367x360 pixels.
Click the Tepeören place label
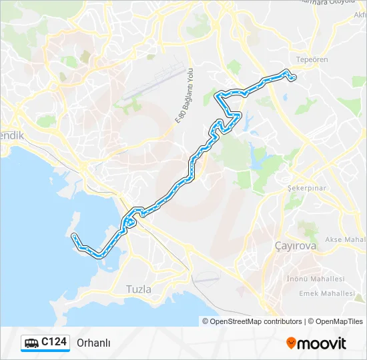(312, 59)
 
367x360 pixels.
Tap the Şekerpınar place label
(306, 188)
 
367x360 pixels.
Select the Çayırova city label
(296, 246)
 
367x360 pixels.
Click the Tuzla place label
(139, 289)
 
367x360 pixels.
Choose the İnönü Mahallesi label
(316, 279)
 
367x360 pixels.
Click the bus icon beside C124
(31, 343)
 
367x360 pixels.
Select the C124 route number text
(54, 342)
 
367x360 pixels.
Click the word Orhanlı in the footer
(93, 343)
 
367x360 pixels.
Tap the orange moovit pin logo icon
(291, 343)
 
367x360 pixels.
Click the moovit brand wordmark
(322, 343)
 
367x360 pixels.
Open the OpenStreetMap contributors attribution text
(256, 321)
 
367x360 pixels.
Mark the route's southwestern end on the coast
(73, 235)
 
